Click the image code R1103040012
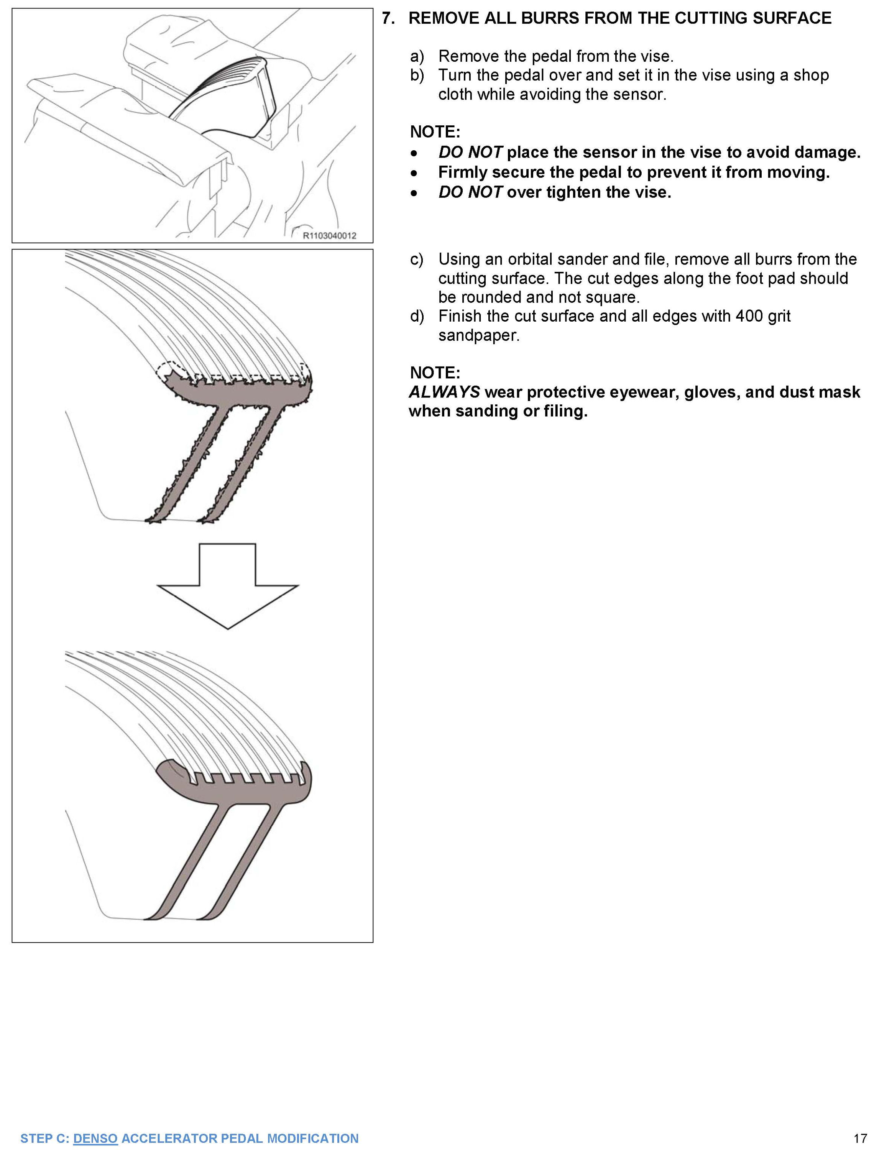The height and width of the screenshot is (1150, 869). click(x=330, y=235)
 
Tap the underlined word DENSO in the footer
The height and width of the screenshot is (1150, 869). click(x=95, y=1138)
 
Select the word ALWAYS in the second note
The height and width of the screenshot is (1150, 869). click(x=444, y=392)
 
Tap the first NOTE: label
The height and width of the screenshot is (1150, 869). click(x=435, y=132)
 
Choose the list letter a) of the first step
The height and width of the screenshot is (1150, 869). click(x=417, y=56)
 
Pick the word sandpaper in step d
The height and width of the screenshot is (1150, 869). click(x=478, y=335)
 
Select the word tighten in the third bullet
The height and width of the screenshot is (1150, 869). click(x=574, y=192)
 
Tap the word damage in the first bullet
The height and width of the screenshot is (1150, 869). click(x=828, y=152)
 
